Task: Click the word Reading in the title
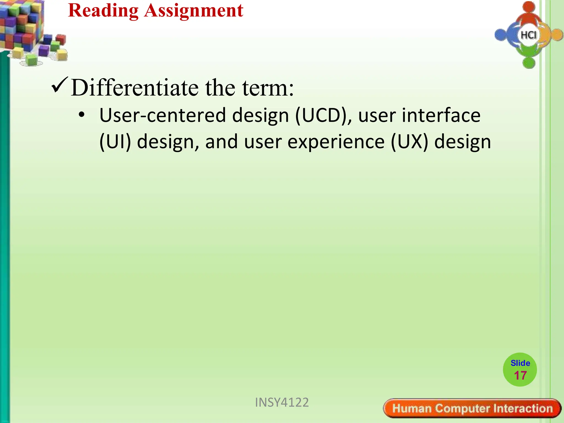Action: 103,11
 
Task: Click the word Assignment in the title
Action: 194,11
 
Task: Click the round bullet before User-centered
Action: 82,115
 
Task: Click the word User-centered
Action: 162,115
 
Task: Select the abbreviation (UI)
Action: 115,142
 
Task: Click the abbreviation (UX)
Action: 410,142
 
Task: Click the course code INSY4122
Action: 282,402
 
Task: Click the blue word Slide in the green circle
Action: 520,363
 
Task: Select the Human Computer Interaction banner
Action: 472,408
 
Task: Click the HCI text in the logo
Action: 528,35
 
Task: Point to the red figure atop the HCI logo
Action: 528,12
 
